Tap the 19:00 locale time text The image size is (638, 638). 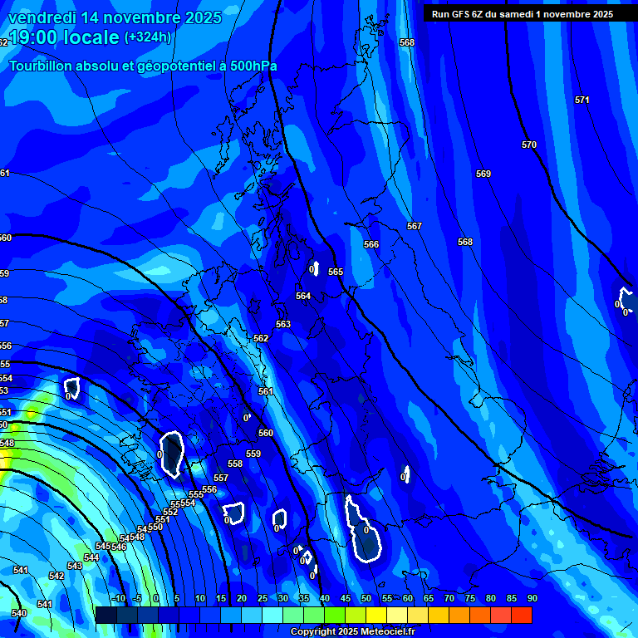pyautogui.click(x=65, y=38)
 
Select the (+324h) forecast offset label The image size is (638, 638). pyautogui.click(x=148, y=37)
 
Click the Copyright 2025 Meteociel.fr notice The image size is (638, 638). pyautogui.click(x=352, y=632)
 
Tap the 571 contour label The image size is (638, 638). pyautogui.click(x=582, y=100)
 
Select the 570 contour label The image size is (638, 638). pyautogui.click(x=529, y=145)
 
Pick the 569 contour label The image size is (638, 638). pyautogui.click(x=483, y=174)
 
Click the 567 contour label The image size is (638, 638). pyautogui.click(x=415, y=226)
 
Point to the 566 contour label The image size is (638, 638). pyautogui.click(x=371, y=244)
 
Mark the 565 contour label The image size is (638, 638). pyautogui.click(x=336, y=272)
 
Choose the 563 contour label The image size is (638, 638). pyautogui.click(x=283, y=324)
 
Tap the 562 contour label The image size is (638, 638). pyautogui.click(x=261, y=338)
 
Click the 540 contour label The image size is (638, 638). pyautogui.click(x=19, y=613)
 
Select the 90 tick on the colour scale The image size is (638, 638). pyautogui.click(x=532, y=598)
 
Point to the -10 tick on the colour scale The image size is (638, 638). pyautogui.click(x=118, y=598)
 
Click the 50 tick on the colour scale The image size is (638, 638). pyautogui.click(x=366, y=598)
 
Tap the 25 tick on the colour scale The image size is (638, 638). pyautogui.click(x=263, y=598)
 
